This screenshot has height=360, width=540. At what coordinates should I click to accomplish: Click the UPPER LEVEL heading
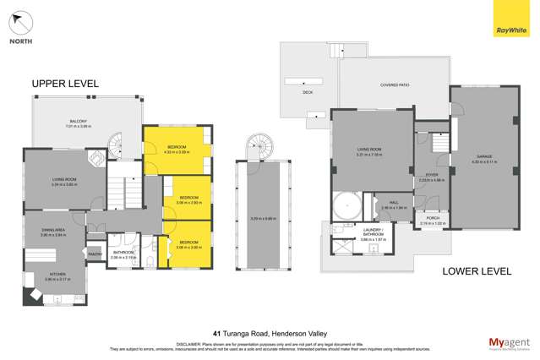tap(65, 84)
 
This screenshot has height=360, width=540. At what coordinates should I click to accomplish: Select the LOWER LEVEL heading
tap(478, 271)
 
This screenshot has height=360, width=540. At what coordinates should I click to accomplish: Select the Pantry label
tap(94, 253)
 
